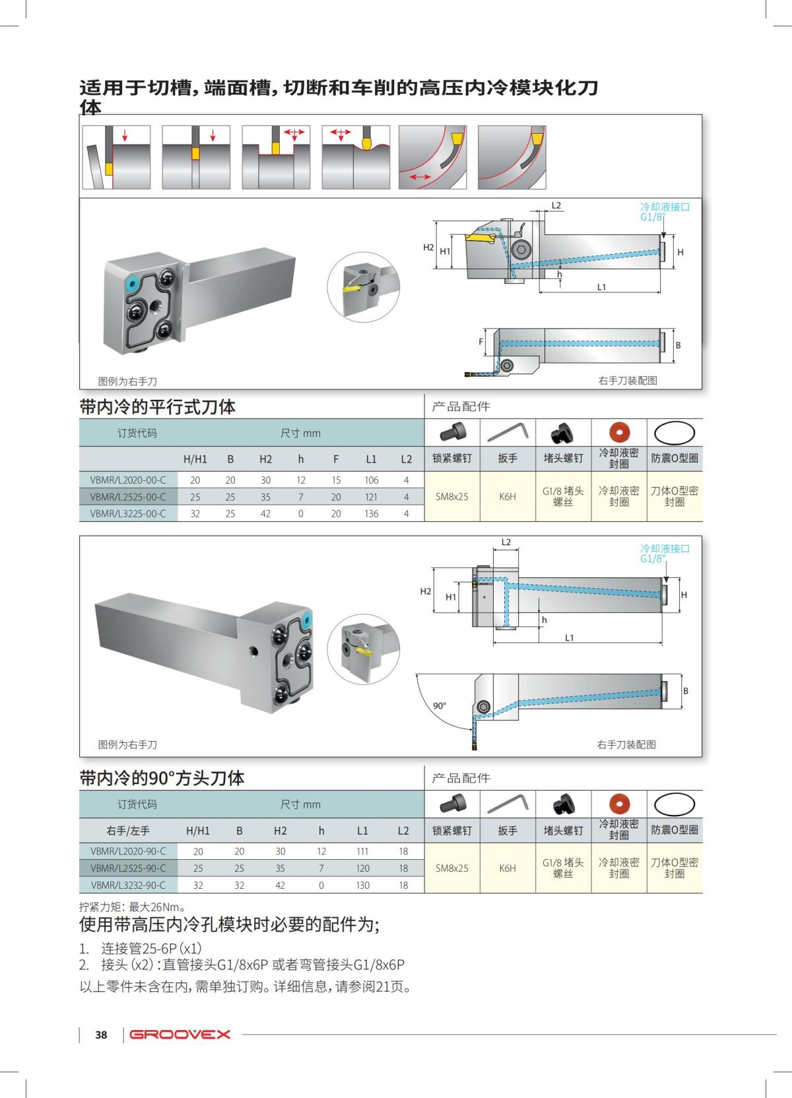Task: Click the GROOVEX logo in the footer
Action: click(x=180, y=1034)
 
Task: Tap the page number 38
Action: click(x=101, y=1035)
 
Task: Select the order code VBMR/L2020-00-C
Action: click(x=128, y=480)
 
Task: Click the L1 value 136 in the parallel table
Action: click(x=372, y=513)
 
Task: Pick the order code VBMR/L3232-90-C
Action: click(x=128, y=885)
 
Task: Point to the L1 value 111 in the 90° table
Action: click(x=362, y=851)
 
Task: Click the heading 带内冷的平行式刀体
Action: click(x=157, y=406)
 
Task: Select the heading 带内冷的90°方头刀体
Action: click(x=162, y=778)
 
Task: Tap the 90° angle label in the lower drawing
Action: click(x=439, y=705)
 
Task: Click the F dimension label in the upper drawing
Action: click(x=480, y=342)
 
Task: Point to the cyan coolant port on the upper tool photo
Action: click(x=131, y=284)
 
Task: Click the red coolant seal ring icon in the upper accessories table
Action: click(x=619, y=433)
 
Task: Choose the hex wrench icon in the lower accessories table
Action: click(x=507, y=804)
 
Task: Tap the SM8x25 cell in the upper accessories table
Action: click(x=452, y=496)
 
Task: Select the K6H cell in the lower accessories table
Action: click(x=507, y=868)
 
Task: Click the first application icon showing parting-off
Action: click(x=116, y=157)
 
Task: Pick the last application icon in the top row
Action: click(x=511, y=157)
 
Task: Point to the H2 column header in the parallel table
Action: click(x=265, y=459)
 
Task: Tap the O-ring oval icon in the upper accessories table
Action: click(x=675, y=433)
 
